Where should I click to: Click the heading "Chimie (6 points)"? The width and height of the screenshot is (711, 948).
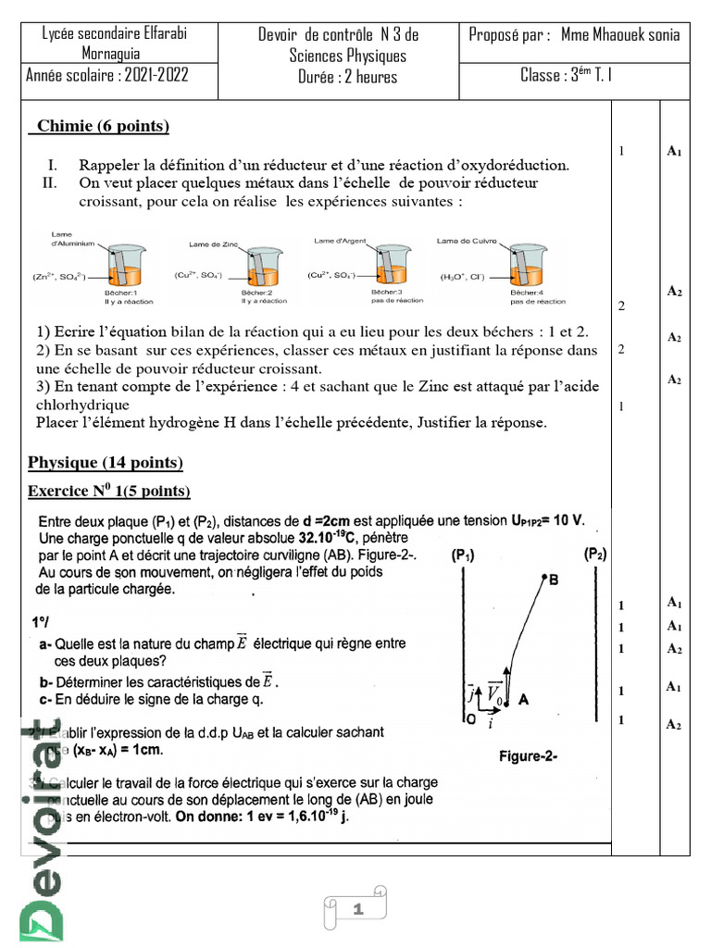tap(103, 127)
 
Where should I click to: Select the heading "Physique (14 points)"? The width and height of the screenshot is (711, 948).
tap(106, 462)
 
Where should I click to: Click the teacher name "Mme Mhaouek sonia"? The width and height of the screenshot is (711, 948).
tap(619, 35)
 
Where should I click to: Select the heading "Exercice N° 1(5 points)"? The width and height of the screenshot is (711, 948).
tap(109, 491)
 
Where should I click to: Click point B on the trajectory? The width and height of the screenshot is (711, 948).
tap(553, 580)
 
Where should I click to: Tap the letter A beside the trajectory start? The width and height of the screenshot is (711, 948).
tap(524, 701)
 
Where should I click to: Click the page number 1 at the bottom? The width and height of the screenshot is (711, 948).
tap(355, 912)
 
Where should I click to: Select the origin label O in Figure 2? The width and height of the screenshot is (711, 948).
tap(469, 718)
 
